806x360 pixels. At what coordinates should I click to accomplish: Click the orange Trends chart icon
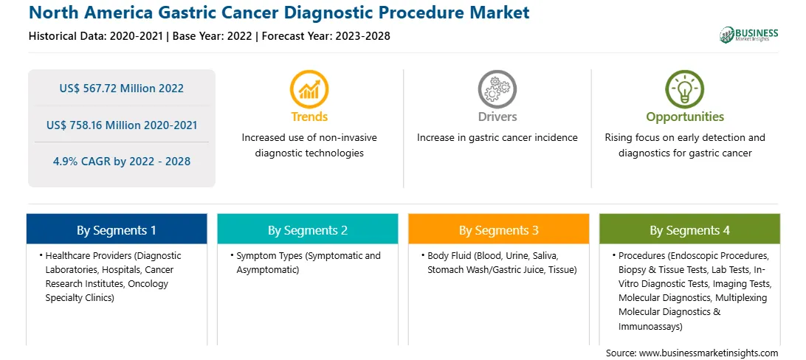click(x=309, y=89)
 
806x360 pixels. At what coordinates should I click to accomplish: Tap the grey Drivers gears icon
click(x=497, y=89)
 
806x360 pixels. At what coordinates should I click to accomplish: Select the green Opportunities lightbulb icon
click(x=685, y=89)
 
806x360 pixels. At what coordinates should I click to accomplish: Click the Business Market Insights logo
click(x=749, y=35)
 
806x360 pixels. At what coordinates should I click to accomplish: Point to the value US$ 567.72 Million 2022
click(x=121, y=89)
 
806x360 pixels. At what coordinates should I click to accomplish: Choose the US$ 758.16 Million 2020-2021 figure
click(x=121, y=125)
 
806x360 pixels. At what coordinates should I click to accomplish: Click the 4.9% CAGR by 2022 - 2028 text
click(x=121, y=162)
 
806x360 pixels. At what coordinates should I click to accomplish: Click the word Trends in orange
click(x=309, y=117)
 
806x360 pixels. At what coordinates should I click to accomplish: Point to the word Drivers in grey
click(x=497, y=117)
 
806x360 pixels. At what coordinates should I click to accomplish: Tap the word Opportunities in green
click(x=685, y=117)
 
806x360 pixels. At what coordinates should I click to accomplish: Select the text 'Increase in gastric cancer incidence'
click(x=497, y=138)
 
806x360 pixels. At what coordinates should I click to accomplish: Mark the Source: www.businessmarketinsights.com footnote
click(x=692, y=353)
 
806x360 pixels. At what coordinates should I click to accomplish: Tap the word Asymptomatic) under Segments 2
click(x=268, y=269)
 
